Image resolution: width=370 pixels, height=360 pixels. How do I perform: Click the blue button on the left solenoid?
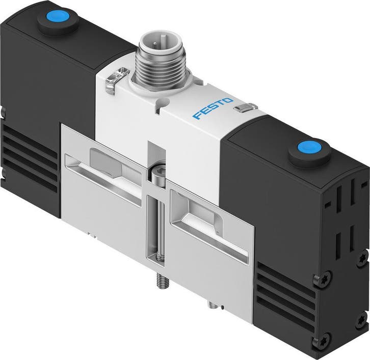coord(58,17)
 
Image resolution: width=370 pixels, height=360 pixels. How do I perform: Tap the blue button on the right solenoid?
coord(309,148)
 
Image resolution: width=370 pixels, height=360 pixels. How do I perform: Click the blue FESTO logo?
coord(213,108)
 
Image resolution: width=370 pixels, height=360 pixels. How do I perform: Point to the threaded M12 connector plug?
coord(160,61)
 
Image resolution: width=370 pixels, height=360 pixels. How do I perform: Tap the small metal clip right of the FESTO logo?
coord(245,107)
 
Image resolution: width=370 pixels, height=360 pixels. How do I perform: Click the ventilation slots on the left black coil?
coord(30,158)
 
